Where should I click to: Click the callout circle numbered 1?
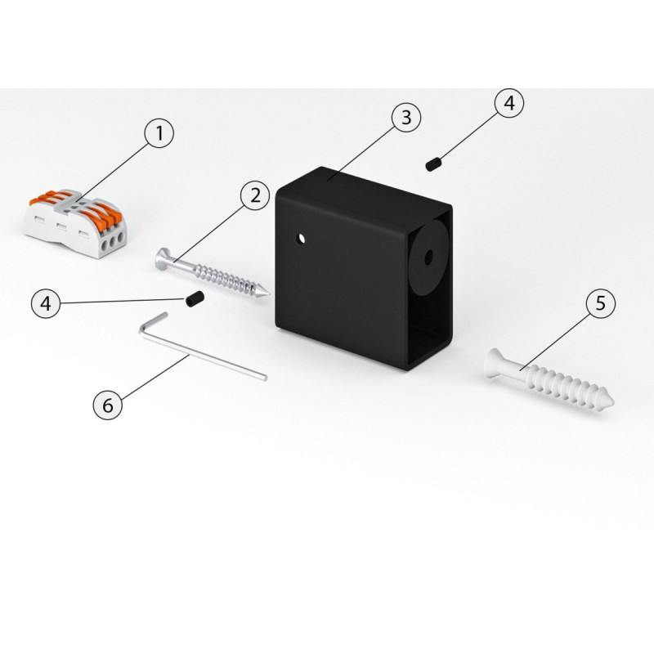coord(159,133)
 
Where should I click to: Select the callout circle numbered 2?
coord(255,195)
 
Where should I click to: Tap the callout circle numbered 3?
coord(406,118)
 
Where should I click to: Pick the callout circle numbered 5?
coord(601,303)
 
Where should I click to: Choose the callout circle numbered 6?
coord(108,405)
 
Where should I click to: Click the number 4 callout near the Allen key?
coord(46,303)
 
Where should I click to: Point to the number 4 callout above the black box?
coord(509,103)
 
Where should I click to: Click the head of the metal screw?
coord(163,259)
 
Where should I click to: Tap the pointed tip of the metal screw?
coord(269,295)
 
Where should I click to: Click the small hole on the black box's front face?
coord(301,239)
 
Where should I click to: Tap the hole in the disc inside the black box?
coord(428,258)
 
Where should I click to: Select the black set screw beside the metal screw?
coord(195,298)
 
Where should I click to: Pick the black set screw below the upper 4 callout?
coord(434,164)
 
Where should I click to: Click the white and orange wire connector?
coord(75,223)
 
